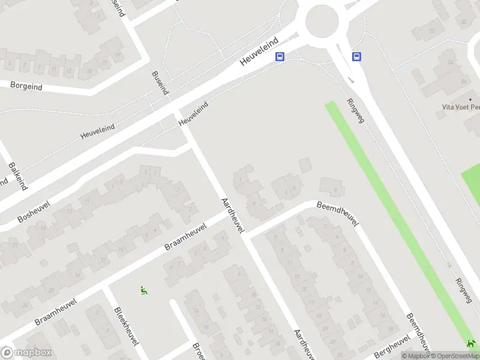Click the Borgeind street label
(26, 86)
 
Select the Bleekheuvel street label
(126, 326)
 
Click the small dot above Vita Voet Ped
(470, 99)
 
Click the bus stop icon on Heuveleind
(280, 57)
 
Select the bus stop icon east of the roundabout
(356, 57)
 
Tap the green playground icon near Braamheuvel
(144, 290)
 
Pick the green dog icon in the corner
(470, 344)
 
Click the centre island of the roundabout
(322, 22)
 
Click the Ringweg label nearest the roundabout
(355, 110)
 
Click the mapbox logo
(26, 353)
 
